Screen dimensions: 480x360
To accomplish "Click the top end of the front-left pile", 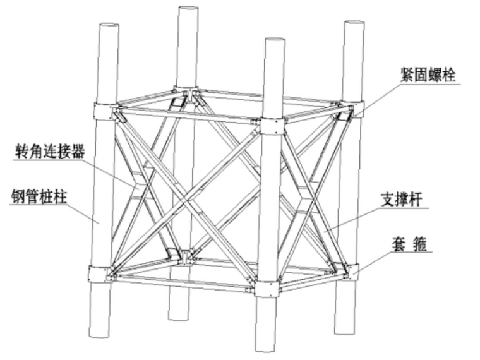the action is coord(109,27).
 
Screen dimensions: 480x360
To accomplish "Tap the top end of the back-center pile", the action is coord(188,9).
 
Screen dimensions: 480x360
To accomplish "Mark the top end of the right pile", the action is coord(354,24).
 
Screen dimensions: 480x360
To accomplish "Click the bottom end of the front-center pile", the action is coord(267,346).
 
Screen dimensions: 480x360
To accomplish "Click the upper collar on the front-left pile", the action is coord(105,112).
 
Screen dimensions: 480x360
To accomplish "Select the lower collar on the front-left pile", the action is coord(100,275).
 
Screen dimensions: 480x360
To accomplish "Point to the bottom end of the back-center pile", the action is coord(180,316).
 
